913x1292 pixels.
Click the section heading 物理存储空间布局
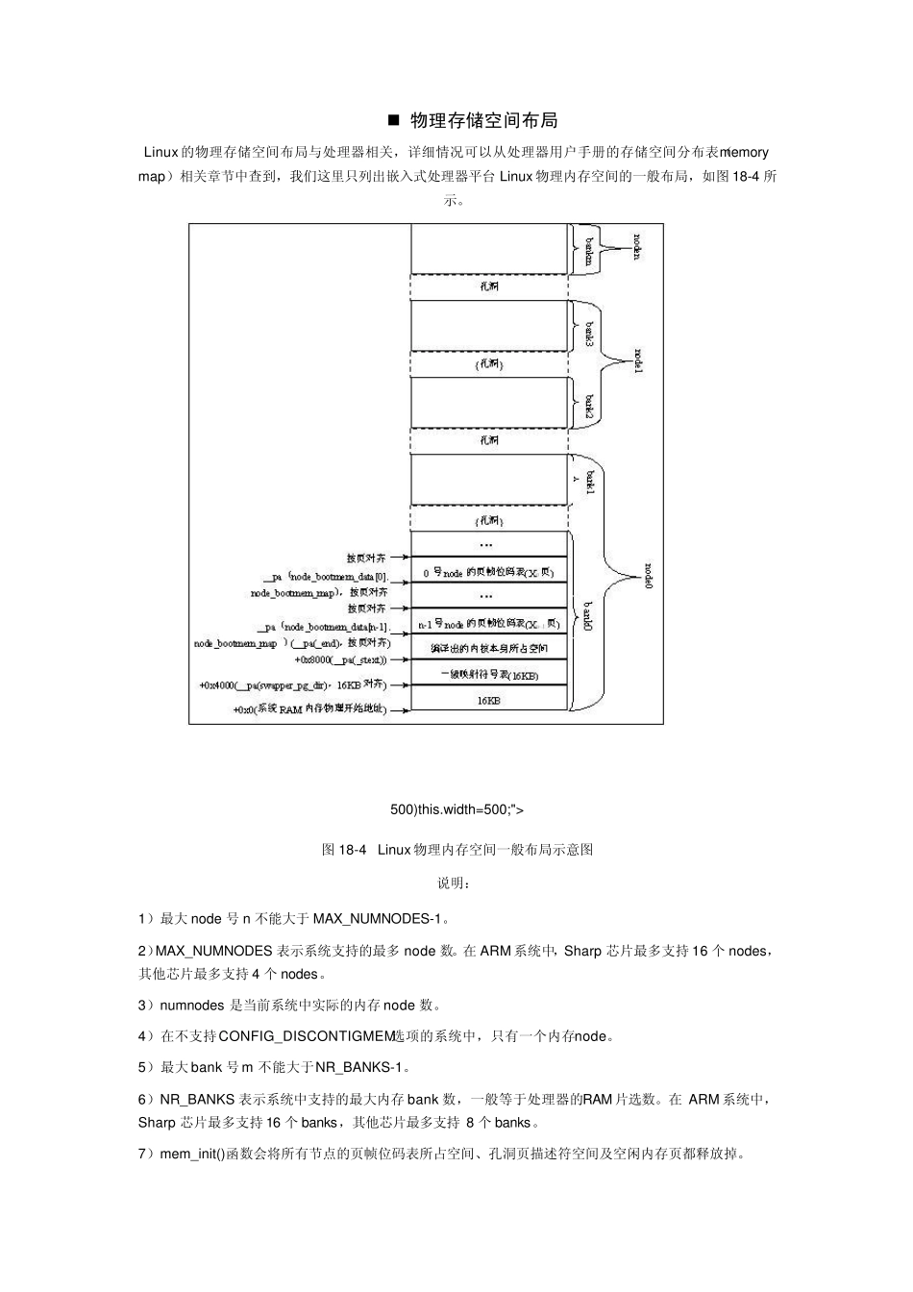tap(483, 121)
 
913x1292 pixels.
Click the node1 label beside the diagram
tap(637, 362)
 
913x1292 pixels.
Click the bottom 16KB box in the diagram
tap(489, 701)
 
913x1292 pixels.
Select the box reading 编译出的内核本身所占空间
tap(489, 649)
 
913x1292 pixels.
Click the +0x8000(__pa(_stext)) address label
tap(340, 660)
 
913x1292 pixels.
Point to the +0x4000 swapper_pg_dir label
tap(292, 685)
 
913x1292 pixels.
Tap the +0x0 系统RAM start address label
tap(309, 710)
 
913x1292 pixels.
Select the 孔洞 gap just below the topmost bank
tap(489, 286)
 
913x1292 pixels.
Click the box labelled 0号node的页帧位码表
tap(489, 572)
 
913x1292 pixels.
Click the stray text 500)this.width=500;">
tap(457, 809)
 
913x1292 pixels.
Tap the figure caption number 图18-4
tap(345, 850)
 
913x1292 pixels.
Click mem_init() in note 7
tap(191, 1154)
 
